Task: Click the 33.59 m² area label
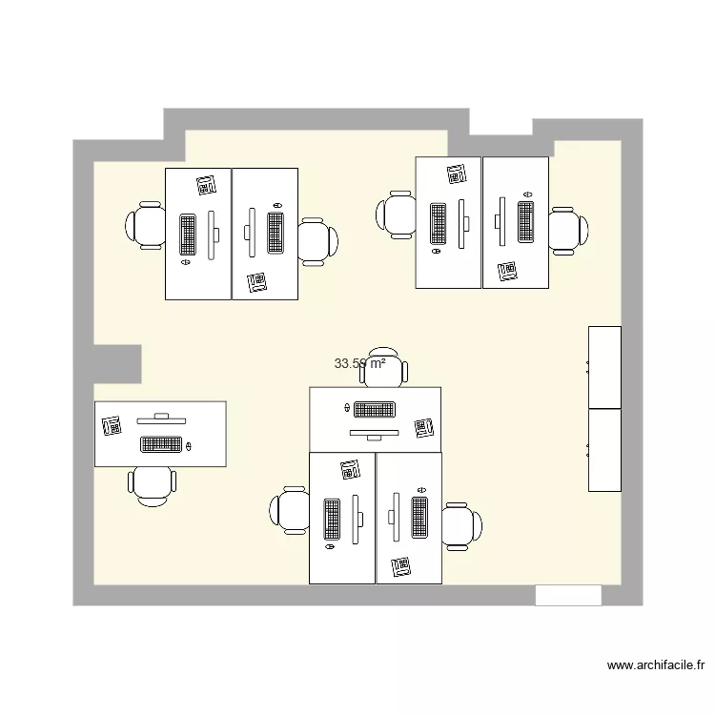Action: pyautogui.click(x=359, y=363)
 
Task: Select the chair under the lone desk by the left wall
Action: pyautogui.click(x=153, y=484)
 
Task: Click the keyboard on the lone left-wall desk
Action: pyautogui.click(x=161, y=443)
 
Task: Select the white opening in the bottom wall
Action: pyautogui.click(x=568, y=595)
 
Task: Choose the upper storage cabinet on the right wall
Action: pyautogui.click(x=604, y=367)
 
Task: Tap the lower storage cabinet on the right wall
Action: pyautogui.click(x=604, y=450)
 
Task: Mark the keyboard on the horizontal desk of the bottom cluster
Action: pyautogui.click(x=375, y=410)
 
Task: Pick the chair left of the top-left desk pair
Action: pyautogui.click(x=146, y=225)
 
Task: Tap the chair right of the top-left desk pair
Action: pyautogui.click(x=317, y=239)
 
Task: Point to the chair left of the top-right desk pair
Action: pyautogui.click(x=396, y=213)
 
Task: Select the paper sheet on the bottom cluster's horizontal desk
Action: pyautogui.click(x=423, y=430)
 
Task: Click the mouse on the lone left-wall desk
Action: pyautogui.click(x=189, y=445)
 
